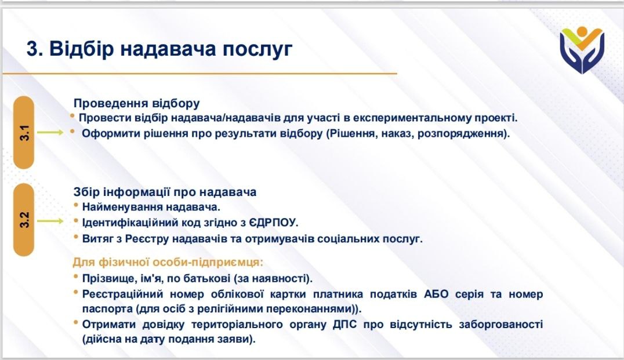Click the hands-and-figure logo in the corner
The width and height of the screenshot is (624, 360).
582,50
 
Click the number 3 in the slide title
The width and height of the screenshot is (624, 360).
32,49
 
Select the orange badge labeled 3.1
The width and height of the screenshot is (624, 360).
24,133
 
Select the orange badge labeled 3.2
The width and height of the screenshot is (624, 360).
24,220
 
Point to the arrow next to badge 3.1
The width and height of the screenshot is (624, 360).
50,133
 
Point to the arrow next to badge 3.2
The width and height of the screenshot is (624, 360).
50,221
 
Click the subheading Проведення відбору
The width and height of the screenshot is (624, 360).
136,103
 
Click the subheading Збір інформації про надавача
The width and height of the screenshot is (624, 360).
165,192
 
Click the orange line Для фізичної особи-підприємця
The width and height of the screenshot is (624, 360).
168,263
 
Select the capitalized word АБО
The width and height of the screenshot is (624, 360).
436,294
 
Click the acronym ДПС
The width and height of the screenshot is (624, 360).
344,324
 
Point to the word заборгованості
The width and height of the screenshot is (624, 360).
500,325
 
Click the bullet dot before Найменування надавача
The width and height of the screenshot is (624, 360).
76,205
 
